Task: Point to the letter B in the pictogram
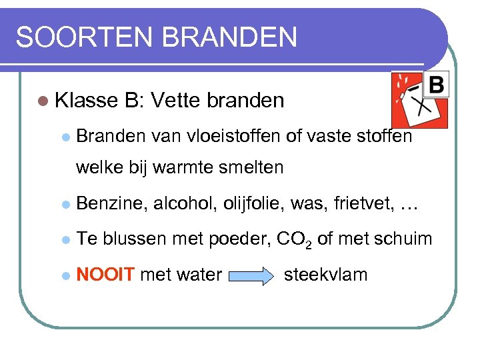click(435, 85)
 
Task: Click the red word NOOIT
click(106, 274)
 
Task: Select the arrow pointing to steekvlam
click(253, 275)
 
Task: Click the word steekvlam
click(326, 274)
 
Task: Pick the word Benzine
click(111, 204)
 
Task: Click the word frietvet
click(357, 204)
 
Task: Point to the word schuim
click(403, 239)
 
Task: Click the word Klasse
click(86, 101)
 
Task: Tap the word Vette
click(175, 101)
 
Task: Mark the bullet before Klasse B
click(43, 101)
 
